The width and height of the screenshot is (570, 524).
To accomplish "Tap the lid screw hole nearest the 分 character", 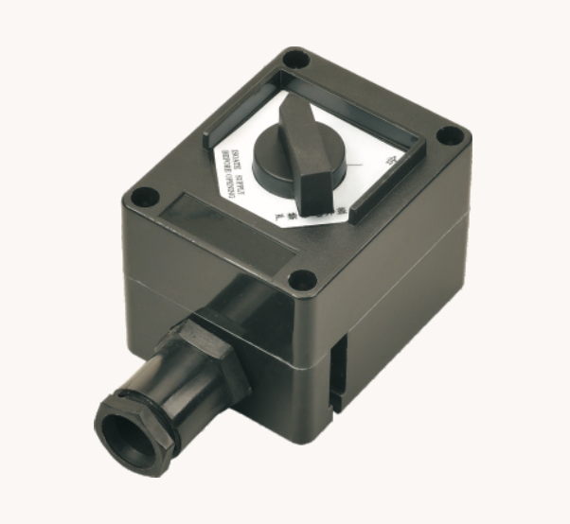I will [451, 135].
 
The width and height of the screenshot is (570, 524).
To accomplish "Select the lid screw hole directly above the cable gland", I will [300, 279].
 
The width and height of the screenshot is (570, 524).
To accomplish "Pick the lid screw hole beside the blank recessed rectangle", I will [144, 199].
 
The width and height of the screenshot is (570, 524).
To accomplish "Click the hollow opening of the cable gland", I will [123, 436].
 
